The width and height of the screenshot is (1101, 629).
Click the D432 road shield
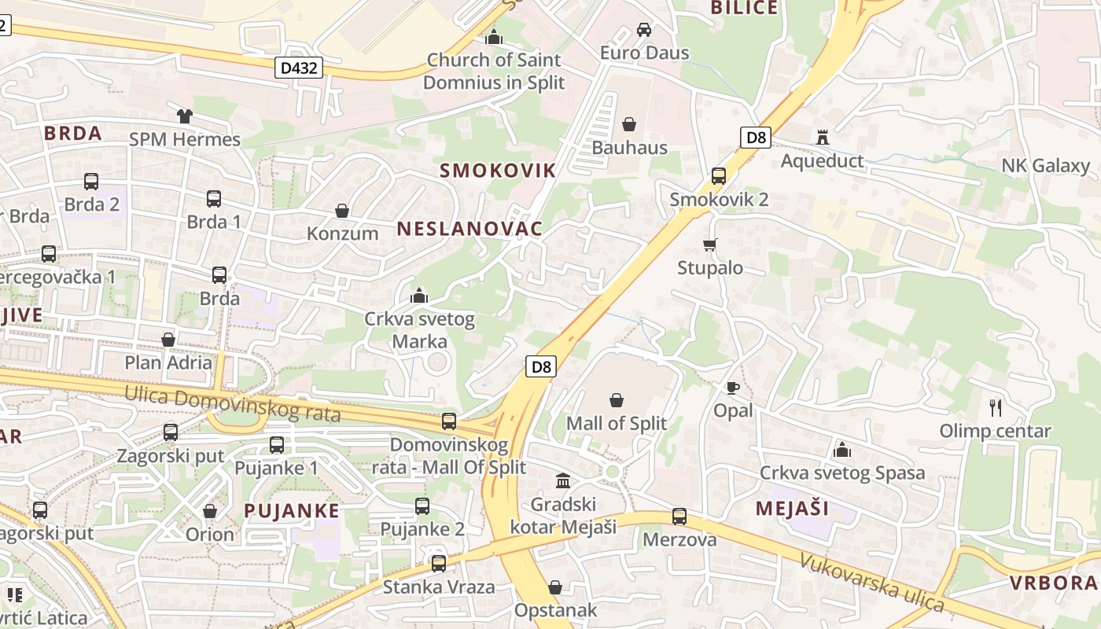(300, 68)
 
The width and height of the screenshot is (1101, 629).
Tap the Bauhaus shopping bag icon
(629, 124)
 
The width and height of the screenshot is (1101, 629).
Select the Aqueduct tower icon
(823, 138)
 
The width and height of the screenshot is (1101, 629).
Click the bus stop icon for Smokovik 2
(718, 176)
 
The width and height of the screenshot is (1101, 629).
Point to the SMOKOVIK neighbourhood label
(498, 171)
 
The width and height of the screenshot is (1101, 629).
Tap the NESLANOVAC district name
(469, 229)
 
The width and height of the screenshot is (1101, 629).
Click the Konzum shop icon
(342, 211)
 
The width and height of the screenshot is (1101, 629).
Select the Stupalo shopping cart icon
(710, 245)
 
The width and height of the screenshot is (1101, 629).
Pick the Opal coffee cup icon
(733, 388)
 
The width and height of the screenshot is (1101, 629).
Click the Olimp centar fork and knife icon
(996, 407)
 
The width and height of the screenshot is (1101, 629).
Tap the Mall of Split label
(617, 423)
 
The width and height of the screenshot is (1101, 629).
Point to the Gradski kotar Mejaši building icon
(563, 480)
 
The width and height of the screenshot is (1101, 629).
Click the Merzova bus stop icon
(679, 517)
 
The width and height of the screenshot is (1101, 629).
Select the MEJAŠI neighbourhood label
(792, 508)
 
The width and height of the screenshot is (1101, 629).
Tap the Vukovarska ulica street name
(871, 583)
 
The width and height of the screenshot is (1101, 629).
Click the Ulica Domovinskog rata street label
(232, 403)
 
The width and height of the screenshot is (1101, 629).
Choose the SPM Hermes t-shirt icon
(185, 116)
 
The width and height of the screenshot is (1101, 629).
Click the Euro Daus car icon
(644, 30)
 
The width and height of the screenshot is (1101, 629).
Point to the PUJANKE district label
(292, 510)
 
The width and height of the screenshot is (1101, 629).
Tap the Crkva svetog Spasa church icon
(842, 450)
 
